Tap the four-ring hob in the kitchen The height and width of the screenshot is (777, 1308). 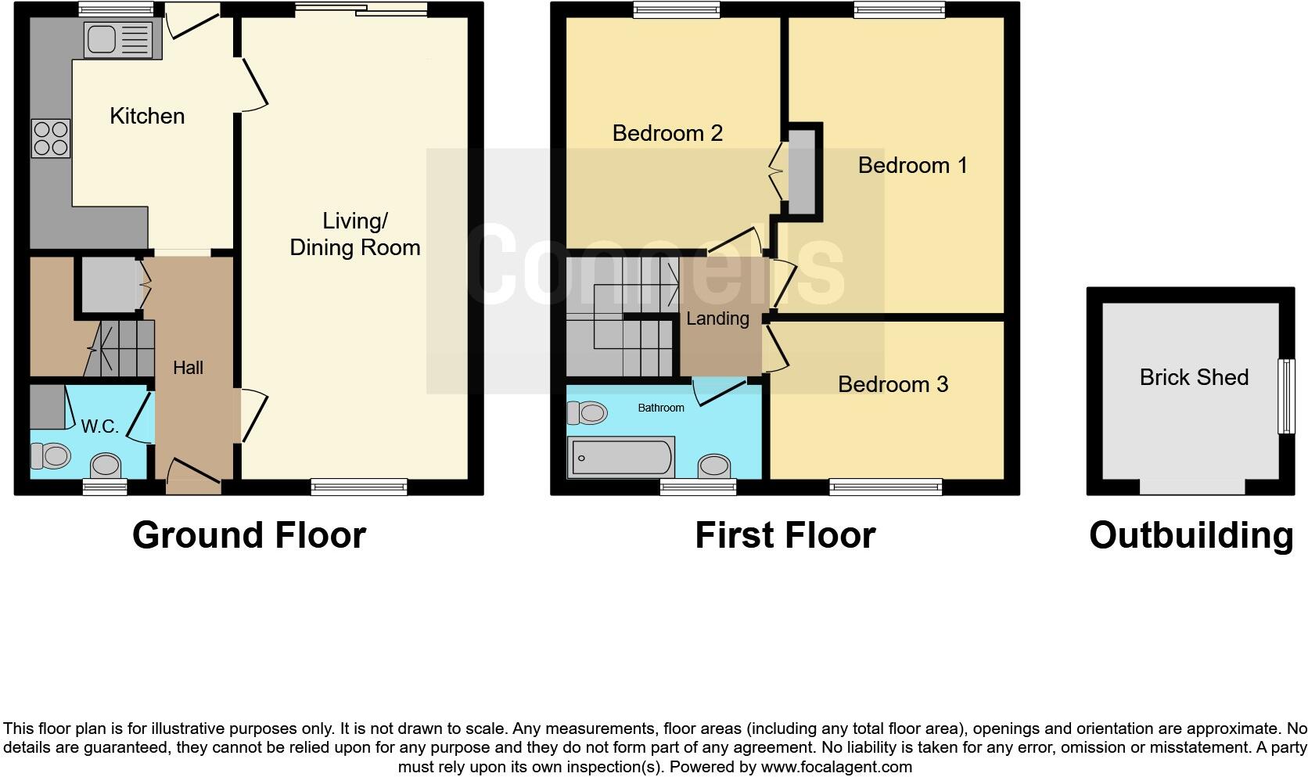51,138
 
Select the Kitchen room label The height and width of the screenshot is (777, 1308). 147,117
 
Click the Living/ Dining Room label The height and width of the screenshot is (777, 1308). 354,234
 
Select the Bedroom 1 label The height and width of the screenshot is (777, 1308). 912,166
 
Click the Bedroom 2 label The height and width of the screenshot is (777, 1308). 667,133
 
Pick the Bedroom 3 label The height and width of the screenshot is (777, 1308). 893,384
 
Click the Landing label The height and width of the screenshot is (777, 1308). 717,318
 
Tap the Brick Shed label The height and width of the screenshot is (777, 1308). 1193,377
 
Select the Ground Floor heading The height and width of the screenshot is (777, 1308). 249,535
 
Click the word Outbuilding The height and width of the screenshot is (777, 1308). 1191,535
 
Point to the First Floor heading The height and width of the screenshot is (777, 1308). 785,535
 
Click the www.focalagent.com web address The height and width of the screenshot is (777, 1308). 836,767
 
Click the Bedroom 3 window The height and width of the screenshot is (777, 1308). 886,488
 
